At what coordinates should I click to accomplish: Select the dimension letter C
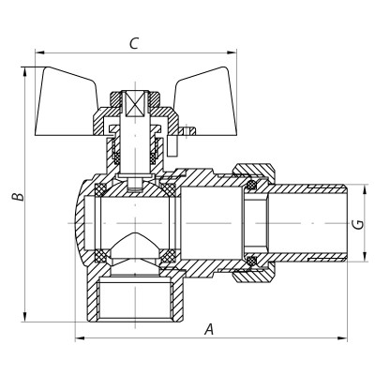135,42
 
